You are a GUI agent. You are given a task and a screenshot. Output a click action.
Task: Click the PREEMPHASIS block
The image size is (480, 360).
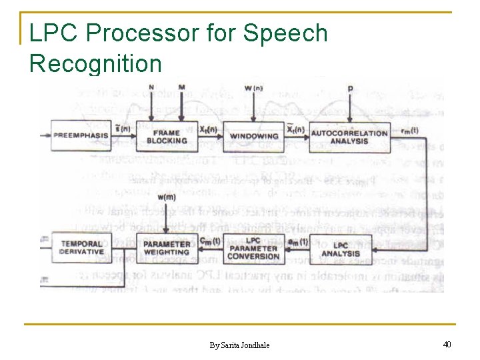coord(79,136)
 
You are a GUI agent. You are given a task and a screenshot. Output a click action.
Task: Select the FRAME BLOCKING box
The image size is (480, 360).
coord(167,136)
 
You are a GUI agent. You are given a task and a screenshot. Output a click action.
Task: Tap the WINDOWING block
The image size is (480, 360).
coord(254,137)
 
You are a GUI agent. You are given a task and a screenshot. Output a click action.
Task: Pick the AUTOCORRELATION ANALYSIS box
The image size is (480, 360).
coord(349,137)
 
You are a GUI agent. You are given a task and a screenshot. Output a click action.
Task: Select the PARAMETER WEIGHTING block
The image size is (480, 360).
coord(167,249)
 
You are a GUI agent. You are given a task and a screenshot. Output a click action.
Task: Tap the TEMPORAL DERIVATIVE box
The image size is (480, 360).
coord(82,248)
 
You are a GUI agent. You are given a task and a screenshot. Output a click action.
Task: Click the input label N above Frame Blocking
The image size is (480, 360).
coord(151,87)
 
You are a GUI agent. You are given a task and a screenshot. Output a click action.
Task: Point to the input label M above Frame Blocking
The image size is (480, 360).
coord(182,87)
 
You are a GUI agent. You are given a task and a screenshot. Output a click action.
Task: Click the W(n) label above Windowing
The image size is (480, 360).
coord(253,88)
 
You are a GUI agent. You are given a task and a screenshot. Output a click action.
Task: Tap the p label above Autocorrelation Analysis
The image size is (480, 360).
coord(351,88)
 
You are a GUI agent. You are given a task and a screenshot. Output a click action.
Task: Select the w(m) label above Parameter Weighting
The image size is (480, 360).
coord(167,197)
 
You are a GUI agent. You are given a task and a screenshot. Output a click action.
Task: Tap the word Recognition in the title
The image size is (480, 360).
coord(95,63)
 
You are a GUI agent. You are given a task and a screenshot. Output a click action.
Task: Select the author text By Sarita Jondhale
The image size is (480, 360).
coord(240,345)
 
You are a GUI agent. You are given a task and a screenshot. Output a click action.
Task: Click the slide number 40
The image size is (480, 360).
coord(447,344)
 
